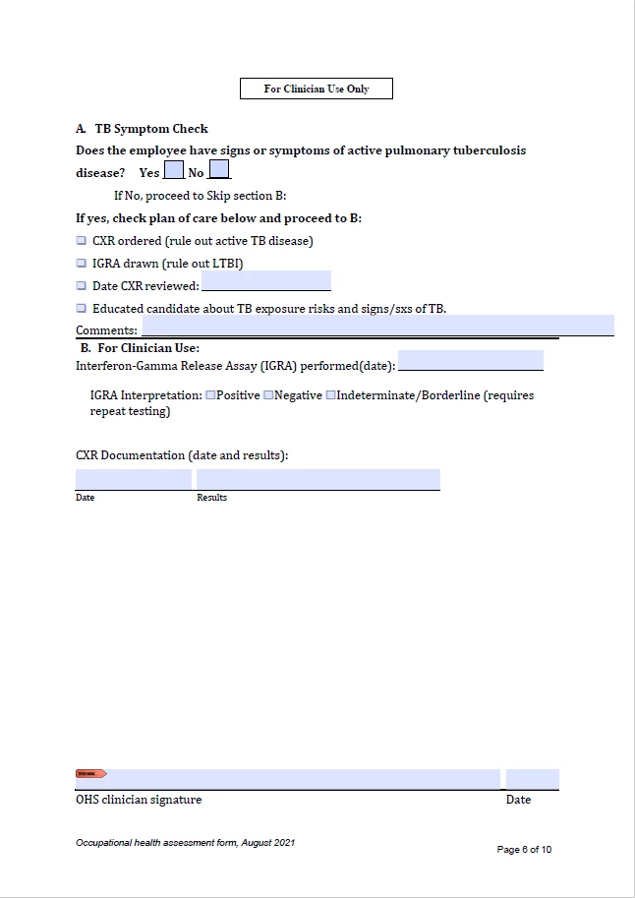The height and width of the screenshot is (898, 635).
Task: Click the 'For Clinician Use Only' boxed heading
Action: [x=317, y=89]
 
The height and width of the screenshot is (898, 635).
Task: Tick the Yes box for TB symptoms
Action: [x=173, y=170]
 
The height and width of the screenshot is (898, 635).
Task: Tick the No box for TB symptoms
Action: [x=218, y=170]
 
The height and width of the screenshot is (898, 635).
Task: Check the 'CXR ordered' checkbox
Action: [x=82, y=240]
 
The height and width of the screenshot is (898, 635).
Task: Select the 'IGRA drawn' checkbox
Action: [x=82, y=263]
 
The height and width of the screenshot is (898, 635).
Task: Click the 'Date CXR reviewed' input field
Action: [x=265, y=281]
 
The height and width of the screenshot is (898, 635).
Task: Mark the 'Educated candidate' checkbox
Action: [x=82, y=308]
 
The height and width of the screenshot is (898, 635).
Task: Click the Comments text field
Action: [x=377, y=326]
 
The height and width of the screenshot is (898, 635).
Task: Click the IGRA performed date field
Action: [x=470, y=360]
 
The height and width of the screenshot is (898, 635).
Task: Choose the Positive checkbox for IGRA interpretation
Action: [x=210, y=395]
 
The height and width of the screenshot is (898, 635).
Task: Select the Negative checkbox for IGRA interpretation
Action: [x=268, y=395]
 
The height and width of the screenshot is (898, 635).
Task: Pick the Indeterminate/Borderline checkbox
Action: [x=330, y=395]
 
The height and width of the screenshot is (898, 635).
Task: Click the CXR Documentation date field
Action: [x=133, y=479]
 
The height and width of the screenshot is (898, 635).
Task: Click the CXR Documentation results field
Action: [x=317, y=479]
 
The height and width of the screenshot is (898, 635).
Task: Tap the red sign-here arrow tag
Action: [x=90, y=774]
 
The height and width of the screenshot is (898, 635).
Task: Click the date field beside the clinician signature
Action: [x=532, y=779]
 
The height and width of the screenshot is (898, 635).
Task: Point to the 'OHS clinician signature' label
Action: [x=139, y=800]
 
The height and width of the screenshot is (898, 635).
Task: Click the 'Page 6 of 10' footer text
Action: [x=524, y=850]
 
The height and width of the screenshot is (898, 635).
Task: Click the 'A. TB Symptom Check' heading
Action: [x=142, y=129]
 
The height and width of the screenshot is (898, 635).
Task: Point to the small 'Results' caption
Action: [x=211, y=498]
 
